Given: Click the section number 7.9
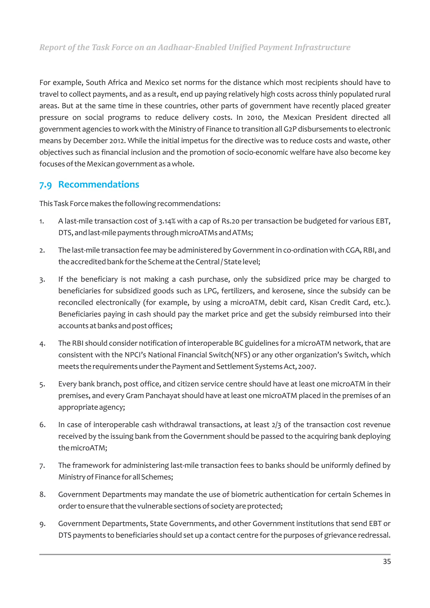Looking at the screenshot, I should pyautogui.click(x=46, y=185).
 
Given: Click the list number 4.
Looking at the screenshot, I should pyautogui.click(x=42, y=344).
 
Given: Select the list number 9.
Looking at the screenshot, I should pyautogui.click(x=42, y=524).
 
